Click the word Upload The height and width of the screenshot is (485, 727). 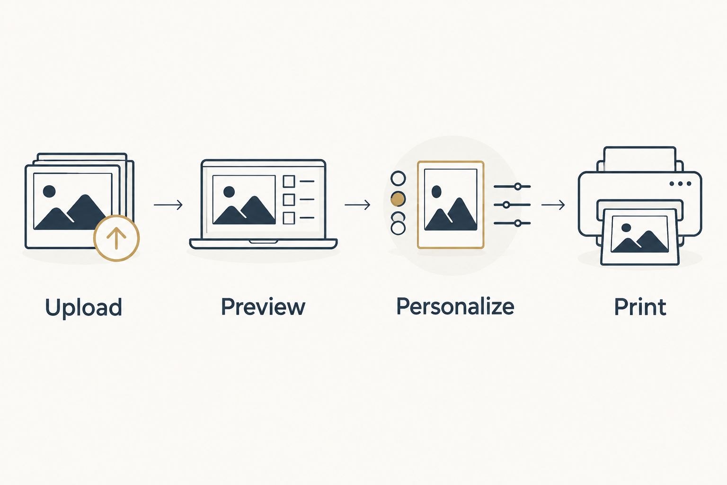pyautogui.click(x=83, y=307)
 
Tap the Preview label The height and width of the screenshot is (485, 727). pyautogui.click(x=263, y=306)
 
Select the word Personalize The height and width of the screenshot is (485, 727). pyautogui.click(x=455, y=306)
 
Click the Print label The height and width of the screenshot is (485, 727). pyautogui.click(x=640, y=306)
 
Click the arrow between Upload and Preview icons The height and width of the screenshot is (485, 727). pyautogui.click(x=168, y=205)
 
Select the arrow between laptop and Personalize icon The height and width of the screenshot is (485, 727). pyautogui.click(x=357, y=205)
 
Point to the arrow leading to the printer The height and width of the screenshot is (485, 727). pyautogui.click(x=553, y=205)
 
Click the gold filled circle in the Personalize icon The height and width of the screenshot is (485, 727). pyautogui.click(x=398, y=199)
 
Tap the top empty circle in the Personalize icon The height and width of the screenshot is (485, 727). pyautogui.click(x=398, y=179)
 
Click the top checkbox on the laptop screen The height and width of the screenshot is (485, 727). pyautogui.click(x=289, y=181)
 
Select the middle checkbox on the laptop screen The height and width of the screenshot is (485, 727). pyautogui.click(x=289, y=199)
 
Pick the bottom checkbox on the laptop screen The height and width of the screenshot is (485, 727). pyautogui.click(x=289, y=218)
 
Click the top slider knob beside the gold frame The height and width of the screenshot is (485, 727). pyautogui.click(x=518, y=187)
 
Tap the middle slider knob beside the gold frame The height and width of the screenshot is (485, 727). pyautogui.click(x=506, y=205)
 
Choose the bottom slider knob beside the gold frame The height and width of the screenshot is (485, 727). pyautogui.click(x=518, y=223)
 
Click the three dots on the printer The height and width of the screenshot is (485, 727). pyautogui.click(x=680, y=184)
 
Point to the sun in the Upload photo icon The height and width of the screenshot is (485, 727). pyautogui.click(x=49, y=191)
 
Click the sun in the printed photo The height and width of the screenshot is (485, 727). pyautogui.click(x=626, y=228)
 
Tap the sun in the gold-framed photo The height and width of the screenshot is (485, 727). pyautogui.click(x=436, y=192)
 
